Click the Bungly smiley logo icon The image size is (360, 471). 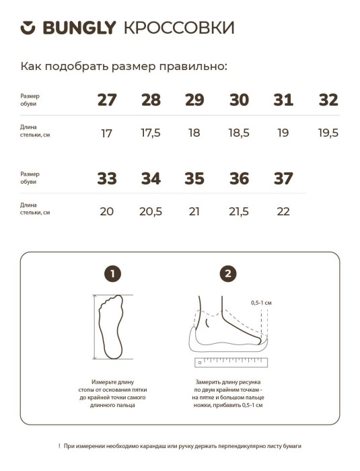pos(28,28)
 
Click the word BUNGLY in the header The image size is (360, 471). pos(79,28)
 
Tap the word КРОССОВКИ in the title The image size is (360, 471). pos(179,28)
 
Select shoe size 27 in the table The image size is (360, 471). pos(107,100)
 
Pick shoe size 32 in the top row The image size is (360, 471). pos(328,100)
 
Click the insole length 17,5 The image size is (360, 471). pos(151,133)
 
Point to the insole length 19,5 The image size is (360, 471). pos(328,133)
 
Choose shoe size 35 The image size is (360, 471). pos(194,178)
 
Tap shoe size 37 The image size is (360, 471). pos(283,178)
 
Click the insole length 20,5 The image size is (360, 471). pos(151,211)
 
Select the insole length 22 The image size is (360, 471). pos(283,211)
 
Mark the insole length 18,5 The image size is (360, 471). pos(239,133)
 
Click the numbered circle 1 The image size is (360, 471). pos(112,274)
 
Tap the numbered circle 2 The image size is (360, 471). pos(228,274)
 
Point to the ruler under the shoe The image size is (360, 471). pos(231,363)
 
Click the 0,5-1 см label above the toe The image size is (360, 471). pos(261,303)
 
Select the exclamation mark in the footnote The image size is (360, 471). pos(59,446)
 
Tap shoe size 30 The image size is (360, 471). pos(239,100)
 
